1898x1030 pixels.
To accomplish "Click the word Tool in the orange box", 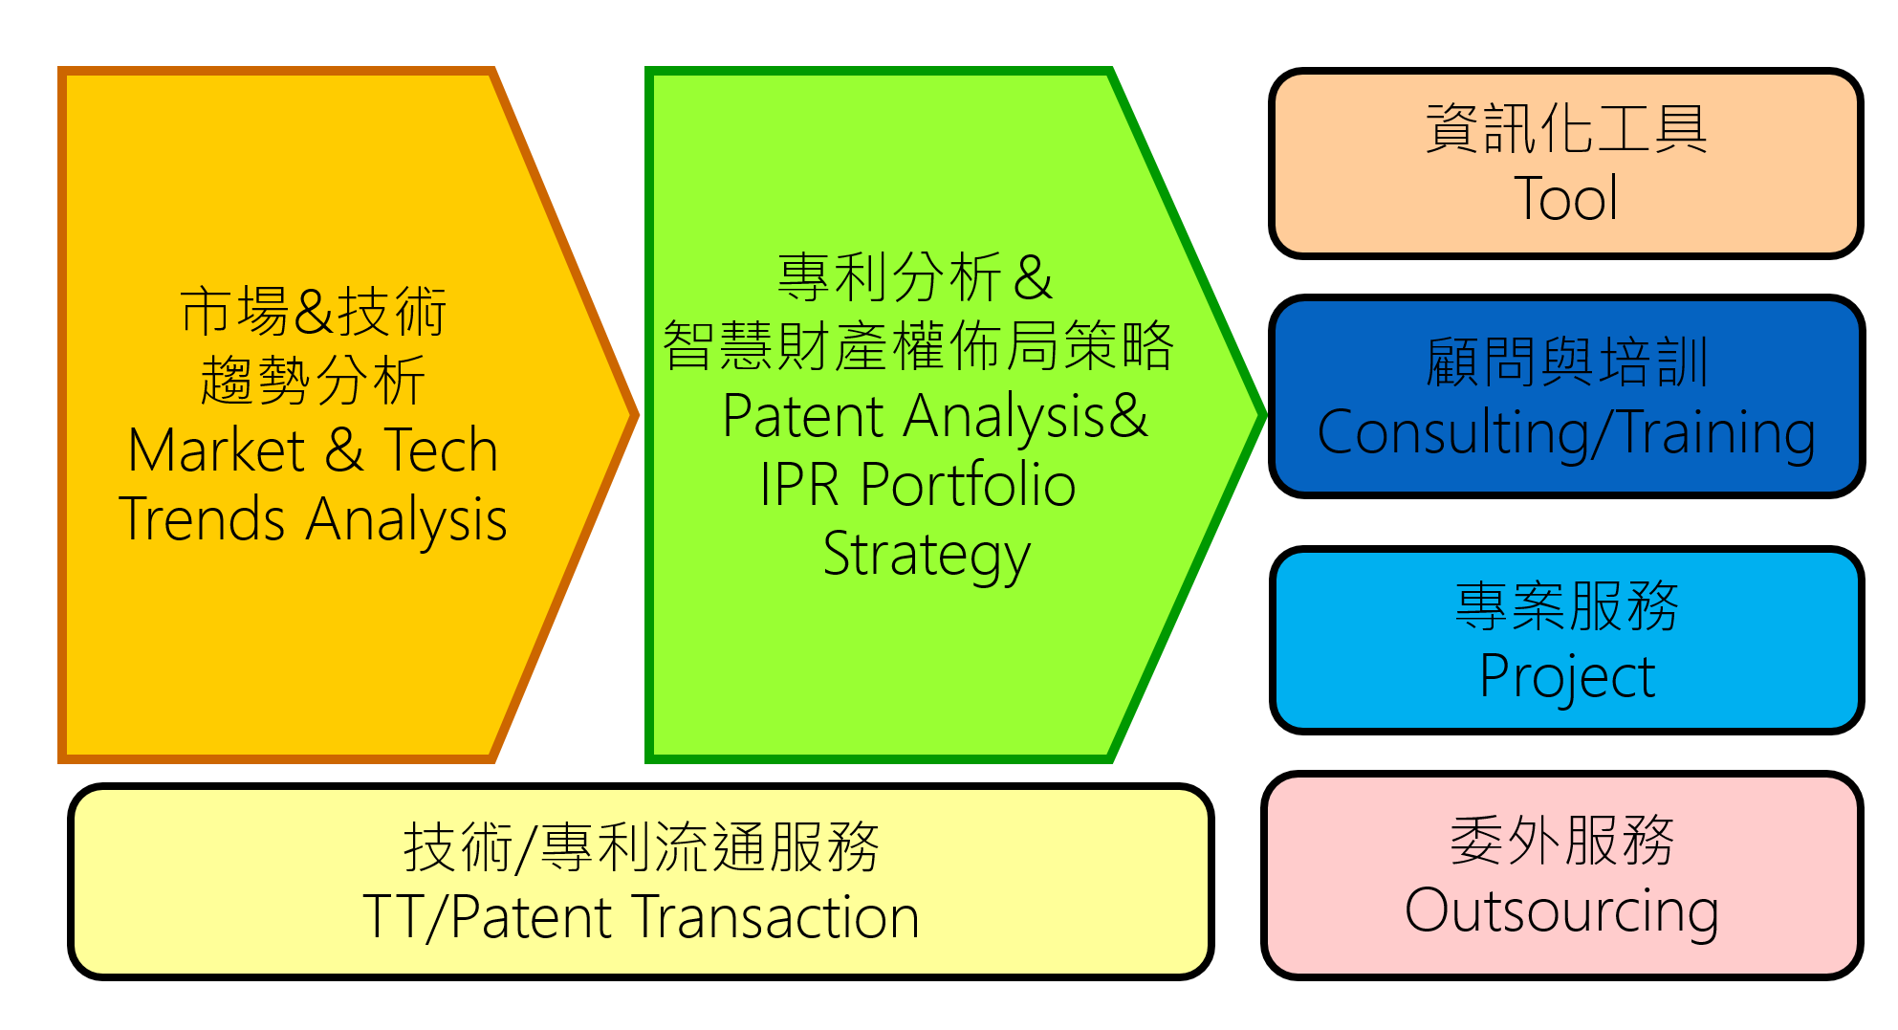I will tap(1565, 199).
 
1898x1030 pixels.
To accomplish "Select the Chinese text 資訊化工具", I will tap(1565, 128).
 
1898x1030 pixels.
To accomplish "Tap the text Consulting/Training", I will tap(1565, 433).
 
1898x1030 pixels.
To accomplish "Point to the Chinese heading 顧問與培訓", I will tap(1565, 362).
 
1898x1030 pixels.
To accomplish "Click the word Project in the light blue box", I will tap(1566, 677).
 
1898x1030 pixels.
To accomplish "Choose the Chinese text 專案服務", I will tap(1566, 606).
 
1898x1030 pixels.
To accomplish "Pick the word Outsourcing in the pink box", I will tap(1561, 910).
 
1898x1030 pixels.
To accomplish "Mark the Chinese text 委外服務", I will tap(1561, 841).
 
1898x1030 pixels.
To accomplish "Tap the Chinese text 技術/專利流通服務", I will tap(641, 847).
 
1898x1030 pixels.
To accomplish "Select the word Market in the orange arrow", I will tap(216, 450).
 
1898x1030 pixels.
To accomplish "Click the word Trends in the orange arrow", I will tap(202, 519).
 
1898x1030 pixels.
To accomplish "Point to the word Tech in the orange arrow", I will tap(441, 450).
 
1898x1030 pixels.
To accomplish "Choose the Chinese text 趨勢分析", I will tap(313, 381).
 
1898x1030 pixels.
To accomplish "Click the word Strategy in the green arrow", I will tap(927, 555).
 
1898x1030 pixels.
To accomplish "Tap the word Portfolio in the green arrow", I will tap(968, 485).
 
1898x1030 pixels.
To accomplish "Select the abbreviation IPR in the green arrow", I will tap(799, 485).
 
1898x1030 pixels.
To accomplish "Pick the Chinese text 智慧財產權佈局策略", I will tap(918, 345).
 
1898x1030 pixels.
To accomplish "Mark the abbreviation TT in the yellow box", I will tap(393, 917).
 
